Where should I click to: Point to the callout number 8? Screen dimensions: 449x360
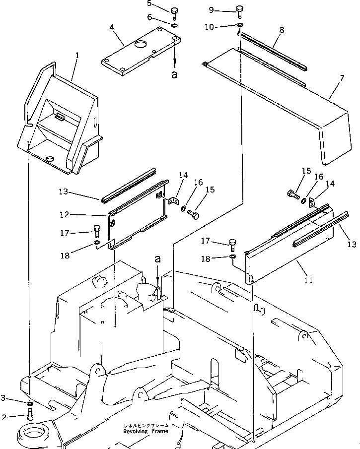click(281, 30)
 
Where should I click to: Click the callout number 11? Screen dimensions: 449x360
click(308, 280)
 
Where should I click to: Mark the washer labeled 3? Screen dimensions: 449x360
click(29, 401)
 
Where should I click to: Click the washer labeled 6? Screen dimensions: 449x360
click(174, 25)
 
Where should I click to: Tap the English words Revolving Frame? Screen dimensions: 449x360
click(145, 431)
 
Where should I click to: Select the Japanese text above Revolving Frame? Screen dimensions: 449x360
click(145, 426)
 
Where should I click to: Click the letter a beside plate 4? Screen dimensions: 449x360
click(174, 74)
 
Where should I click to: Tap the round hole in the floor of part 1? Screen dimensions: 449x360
click(50, 159)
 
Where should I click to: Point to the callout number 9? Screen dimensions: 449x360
click(211, 9)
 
